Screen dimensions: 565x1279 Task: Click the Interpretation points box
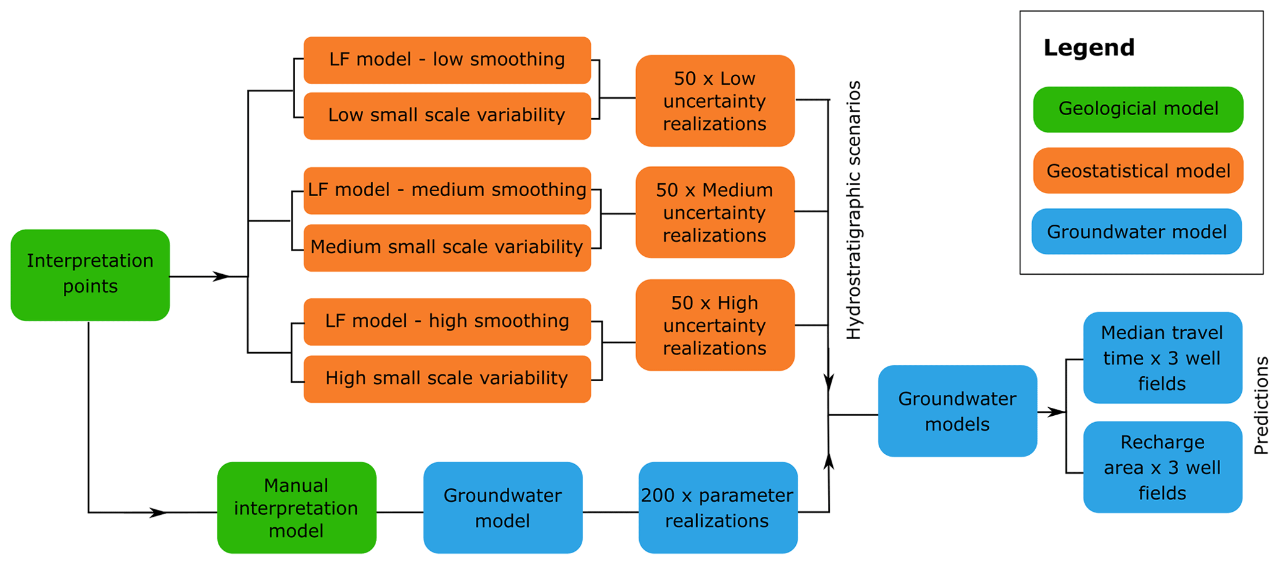click(x=90, y=275)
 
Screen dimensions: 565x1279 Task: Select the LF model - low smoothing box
click(x=447, y=60)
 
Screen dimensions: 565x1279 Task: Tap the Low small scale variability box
click(x=447, y=116)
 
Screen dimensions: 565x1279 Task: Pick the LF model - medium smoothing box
click(x=447, y=190)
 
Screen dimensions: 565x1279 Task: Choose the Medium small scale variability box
click(x=447, y=248)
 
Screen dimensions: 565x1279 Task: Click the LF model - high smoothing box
click(x=447, y=321)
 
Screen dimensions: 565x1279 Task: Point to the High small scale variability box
click(x=447, y=379)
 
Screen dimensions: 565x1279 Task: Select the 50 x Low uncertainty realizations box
click(x=715, y=101)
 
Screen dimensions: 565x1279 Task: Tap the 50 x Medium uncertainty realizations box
click(x=715, y=212)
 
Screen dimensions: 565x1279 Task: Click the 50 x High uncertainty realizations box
click(x=715, y=325)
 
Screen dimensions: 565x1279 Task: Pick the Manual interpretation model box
click(x=296, y=507)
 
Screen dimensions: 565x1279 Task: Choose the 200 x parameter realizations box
click(x=718, y=507)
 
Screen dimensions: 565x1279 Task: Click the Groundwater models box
click(x=957, y=411)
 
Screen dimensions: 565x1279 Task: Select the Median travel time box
click(x=1162, y=358)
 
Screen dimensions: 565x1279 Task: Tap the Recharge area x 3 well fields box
click(x=1162, y=467)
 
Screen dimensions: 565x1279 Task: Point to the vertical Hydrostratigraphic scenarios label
click(x=854, y=210)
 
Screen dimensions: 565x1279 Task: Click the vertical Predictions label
click(x=1261, y=405)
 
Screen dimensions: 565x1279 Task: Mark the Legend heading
click(x=1089, y=48)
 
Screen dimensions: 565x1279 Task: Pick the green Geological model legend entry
click(x=1138, y=109)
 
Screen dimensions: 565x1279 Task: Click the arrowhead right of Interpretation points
click(x=222, y=277)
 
